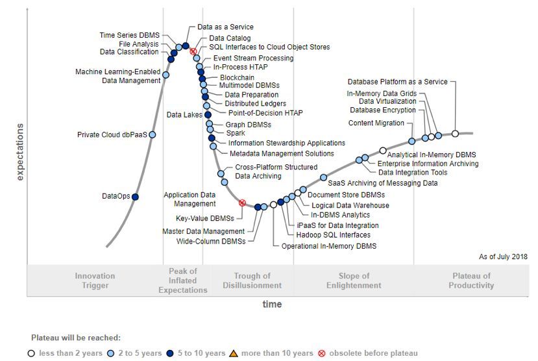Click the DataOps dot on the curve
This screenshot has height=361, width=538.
135,196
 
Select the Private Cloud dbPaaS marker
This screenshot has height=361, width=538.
153,134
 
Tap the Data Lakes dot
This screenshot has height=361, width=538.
208,115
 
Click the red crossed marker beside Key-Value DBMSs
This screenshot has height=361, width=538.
242,203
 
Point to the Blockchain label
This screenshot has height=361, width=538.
237,77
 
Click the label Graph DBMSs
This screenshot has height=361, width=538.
248,125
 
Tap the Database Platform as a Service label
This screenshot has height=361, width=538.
397,82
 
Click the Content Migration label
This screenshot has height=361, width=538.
376,123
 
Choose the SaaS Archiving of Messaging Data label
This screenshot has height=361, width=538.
383,183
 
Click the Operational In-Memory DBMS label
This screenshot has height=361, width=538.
328,246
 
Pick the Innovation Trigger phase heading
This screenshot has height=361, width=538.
95,280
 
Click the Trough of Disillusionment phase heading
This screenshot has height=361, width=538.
252,280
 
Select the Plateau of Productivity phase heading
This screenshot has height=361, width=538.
472,280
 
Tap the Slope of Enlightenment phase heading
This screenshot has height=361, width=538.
354,280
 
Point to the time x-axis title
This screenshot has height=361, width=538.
272,305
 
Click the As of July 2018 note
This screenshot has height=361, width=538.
503,257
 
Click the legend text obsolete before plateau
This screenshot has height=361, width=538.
373,353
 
